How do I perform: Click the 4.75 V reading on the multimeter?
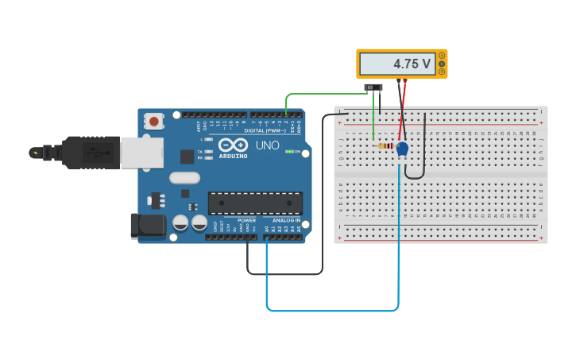click(x=412, y=64)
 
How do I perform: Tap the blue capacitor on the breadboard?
click(x=402, y=149)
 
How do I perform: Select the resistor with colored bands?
click(x=386, y=146)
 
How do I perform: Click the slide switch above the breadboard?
click(x=373, y=87)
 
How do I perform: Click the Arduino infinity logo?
click(x=233, y=145)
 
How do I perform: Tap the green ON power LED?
click(x=289, y=151)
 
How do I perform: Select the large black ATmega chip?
click(x=255, y=203)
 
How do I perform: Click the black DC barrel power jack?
click(x=147, y=226)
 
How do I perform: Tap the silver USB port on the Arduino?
click(x=141, y=152)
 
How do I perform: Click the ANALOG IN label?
click(x=287, y=220)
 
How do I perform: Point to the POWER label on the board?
click(x=246, y=220)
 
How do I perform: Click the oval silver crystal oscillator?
click(x=184, y=178)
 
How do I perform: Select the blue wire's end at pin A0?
click(x=266, y=237)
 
